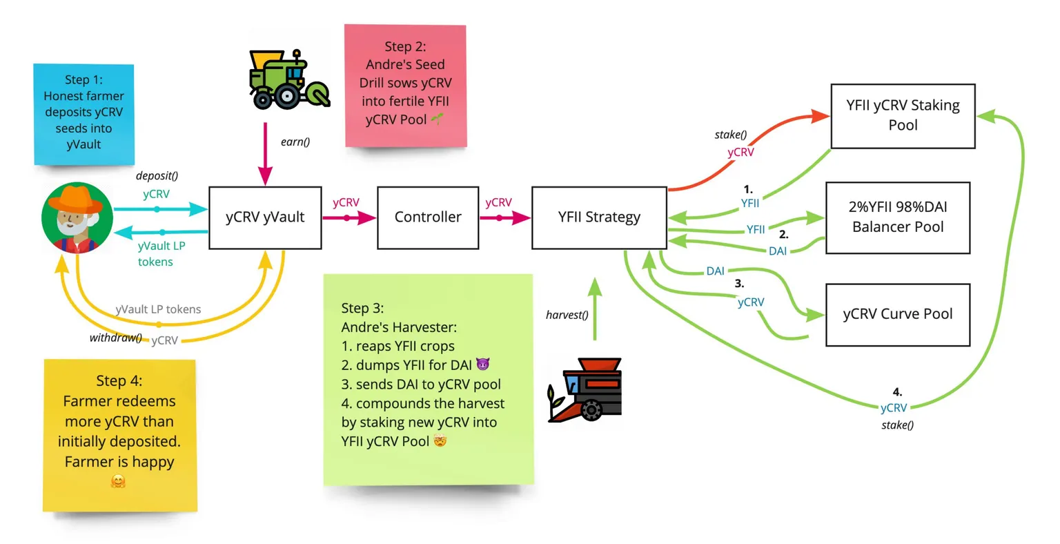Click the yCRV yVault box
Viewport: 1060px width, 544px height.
pos(265,217)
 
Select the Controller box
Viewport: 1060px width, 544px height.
pos(428,217)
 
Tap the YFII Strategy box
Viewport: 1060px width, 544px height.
pos(599,217)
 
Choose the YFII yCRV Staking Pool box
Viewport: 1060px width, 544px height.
pos(903,116)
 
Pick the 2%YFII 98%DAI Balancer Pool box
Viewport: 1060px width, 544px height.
pos(898,217)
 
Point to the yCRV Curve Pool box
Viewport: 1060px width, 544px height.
pos(898,314)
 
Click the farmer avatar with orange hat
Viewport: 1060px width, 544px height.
pos(77,217)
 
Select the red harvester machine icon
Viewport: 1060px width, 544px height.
pos(585,390)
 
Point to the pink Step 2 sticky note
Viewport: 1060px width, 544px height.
pos(406,85)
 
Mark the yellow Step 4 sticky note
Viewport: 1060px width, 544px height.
pos(119,435)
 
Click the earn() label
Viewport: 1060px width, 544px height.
pos(295,142)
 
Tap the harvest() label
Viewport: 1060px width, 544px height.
pos(567,315)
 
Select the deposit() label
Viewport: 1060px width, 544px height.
pos(157,176)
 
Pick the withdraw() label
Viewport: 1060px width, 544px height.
pos(115,338)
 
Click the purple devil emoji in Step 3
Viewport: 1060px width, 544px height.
pos(482,365)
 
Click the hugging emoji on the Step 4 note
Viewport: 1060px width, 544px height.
pos(118,481)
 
